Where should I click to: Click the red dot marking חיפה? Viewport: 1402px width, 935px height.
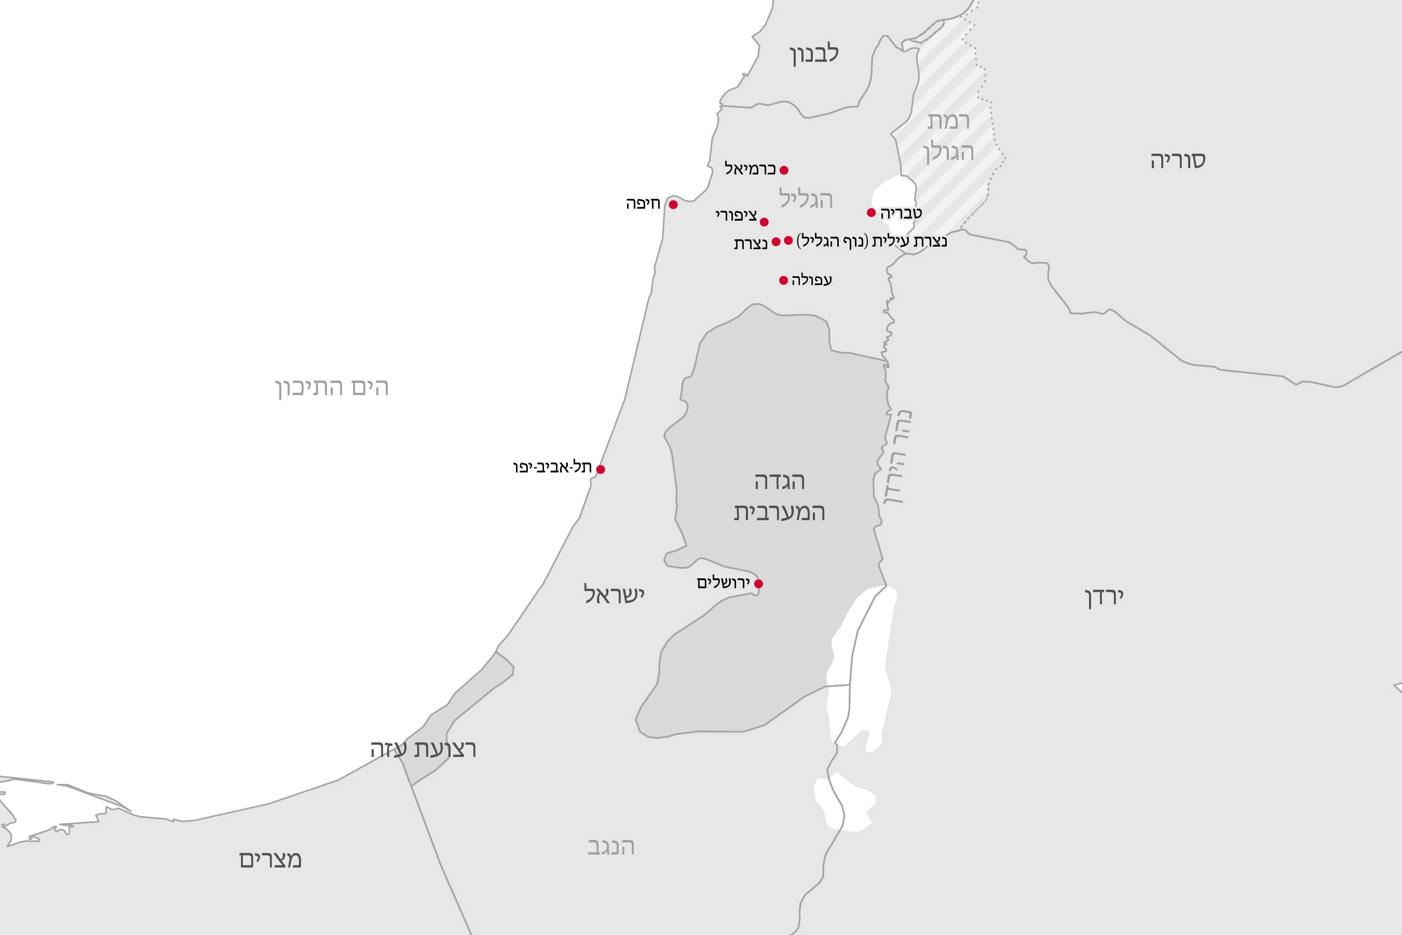point(673,205)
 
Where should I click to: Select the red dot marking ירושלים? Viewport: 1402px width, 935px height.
point(758,584)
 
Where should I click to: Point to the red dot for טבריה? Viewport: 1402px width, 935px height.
point(871,213)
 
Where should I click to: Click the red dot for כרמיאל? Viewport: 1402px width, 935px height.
point(784,170)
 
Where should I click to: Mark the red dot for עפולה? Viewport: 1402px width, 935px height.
point(783,280)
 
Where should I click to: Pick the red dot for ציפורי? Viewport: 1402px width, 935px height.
point(764,222)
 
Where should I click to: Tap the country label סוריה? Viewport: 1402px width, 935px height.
point(1178,160)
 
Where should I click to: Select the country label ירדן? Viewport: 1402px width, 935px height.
point(1104,597)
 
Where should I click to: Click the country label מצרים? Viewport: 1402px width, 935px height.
point(270,859)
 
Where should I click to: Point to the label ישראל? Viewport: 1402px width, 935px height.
point(614,594)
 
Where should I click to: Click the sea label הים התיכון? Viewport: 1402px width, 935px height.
point(332,388)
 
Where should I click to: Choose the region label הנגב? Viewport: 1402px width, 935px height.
point(611,847)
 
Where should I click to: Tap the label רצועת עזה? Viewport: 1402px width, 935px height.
point(423,749)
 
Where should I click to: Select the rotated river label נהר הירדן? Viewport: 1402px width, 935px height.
point(895,457)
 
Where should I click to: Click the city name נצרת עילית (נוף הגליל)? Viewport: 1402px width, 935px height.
point(871,241)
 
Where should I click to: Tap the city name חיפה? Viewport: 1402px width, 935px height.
point(643,204)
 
